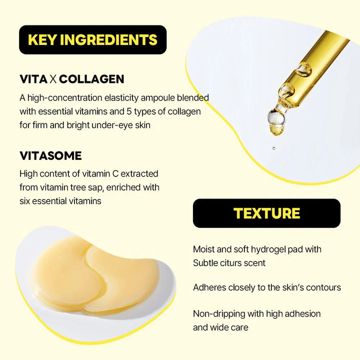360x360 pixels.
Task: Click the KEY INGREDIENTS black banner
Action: point(92,39)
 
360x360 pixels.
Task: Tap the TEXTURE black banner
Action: point(266,213)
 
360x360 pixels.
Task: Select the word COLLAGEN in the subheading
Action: point(95,79)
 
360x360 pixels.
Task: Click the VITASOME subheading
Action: point(50,155)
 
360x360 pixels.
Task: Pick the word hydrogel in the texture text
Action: point(273,249)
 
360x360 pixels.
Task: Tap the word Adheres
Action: point(210,287)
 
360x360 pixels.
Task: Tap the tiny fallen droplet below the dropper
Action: point(273,148)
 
